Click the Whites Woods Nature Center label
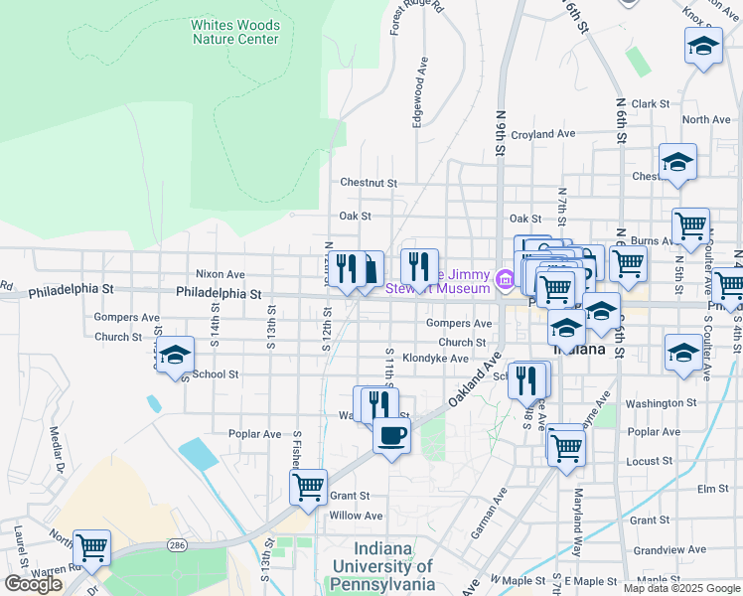coord(235,32)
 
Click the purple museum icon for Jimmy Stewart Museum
coord(503,281)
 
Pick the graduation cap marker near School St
coord(175,354)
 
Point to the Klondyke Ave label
coord(435,359)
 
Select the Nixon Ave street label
coord(220,273)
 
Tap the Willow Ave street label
coord(356,516)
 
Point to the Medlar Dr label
coord(57,452)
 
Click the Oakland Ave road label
coord(471,383)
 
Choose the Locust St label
coord(651,462)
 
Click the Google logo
coord(33,583)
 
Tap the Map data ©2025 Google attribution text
coord(681,588)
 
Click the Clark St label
coord(651,103)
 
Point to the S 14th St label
coord(214,323)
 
